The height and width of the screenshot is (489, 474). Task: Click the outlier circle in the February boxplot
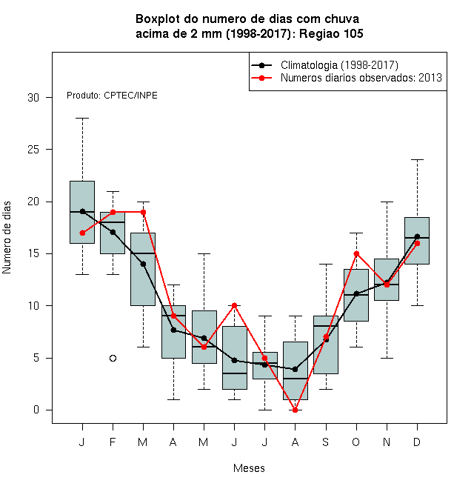pyautogui.click(x=113, y=358)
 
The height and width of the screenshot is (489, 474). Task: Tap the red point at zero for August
pyautogui.click(x=295, y=410)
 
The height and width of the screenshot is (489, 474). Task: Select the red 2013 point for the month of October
pyautogui.click(x=356, y=253)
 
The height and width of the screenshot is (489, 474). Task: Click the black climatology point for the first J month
pyautogui.click(x=83, y=211)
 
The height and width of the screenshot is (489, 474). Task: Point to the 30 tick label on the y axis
pyautogui.click(x=33, y=98)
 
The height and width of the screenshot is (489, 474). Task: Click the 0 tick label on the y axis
pyautogui.click(x=36, y=410)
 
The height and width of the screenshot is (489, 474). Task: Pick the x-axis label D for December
pyautogui.click(x=417, y=442)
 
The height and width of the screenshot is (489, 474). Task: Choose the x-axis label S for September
pyautogui.click(x=326, y=442)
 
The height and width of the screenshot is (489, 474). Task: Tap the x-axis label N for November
pyautogui.click(x=387, y=442)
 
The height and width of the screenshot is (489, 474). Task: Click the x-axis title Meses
pyautogui.click(x=249, y=468)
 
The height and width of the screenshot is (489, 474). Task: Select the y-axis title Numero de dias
pyautogui.click(x=7, y=238)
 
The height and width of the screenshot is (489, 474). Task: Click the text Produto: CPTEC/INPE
pyautogui.click(x=112, y=96)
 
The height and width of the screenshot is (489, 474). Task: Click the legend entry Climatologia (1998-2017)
pyautogui.click(x=339, y=65)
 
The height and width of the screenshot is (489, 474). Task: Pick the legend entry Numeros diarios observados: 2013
pyautogui.click(x=361, y=78)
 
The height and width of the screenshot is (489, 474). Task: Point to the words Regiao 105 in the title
pyautogui.click(x=331, y=33)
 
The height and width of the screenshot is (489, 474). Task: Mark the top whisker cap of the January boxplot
pyautogui.click(x=83, y=119)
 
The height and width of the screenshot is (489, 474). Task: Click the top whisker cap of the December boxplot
pyautogui.click(x=417, y=160)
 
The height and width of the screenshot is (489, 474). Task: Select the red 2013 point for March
pyautogui.click(x=143, y=212)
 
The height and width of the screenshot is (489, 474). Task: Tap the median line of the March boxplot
pyautogui.click(x=143, y=253)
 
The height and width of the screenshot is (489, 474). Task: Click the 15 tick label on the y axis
pyautogui.click(x=33, y=253)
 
